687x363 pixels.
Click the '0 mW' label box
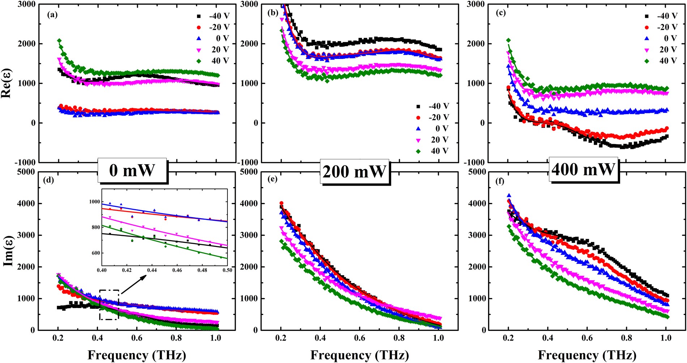(132, 170)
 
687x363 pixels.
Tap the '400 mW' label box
(583, 169)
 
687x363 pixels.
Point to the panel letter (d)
(48, 180)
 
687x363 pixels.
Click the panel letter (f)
(499, 181)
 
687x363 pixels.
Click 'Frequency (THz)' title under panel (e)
(359, 355)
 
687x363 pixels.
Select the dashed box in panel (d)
(109, 304)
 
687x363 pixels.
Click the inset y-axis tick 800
(95, 227)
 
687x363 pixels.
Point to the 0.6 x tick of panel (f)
(587, 338)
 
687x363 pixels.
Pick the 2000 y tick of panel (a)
(27, 44)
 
